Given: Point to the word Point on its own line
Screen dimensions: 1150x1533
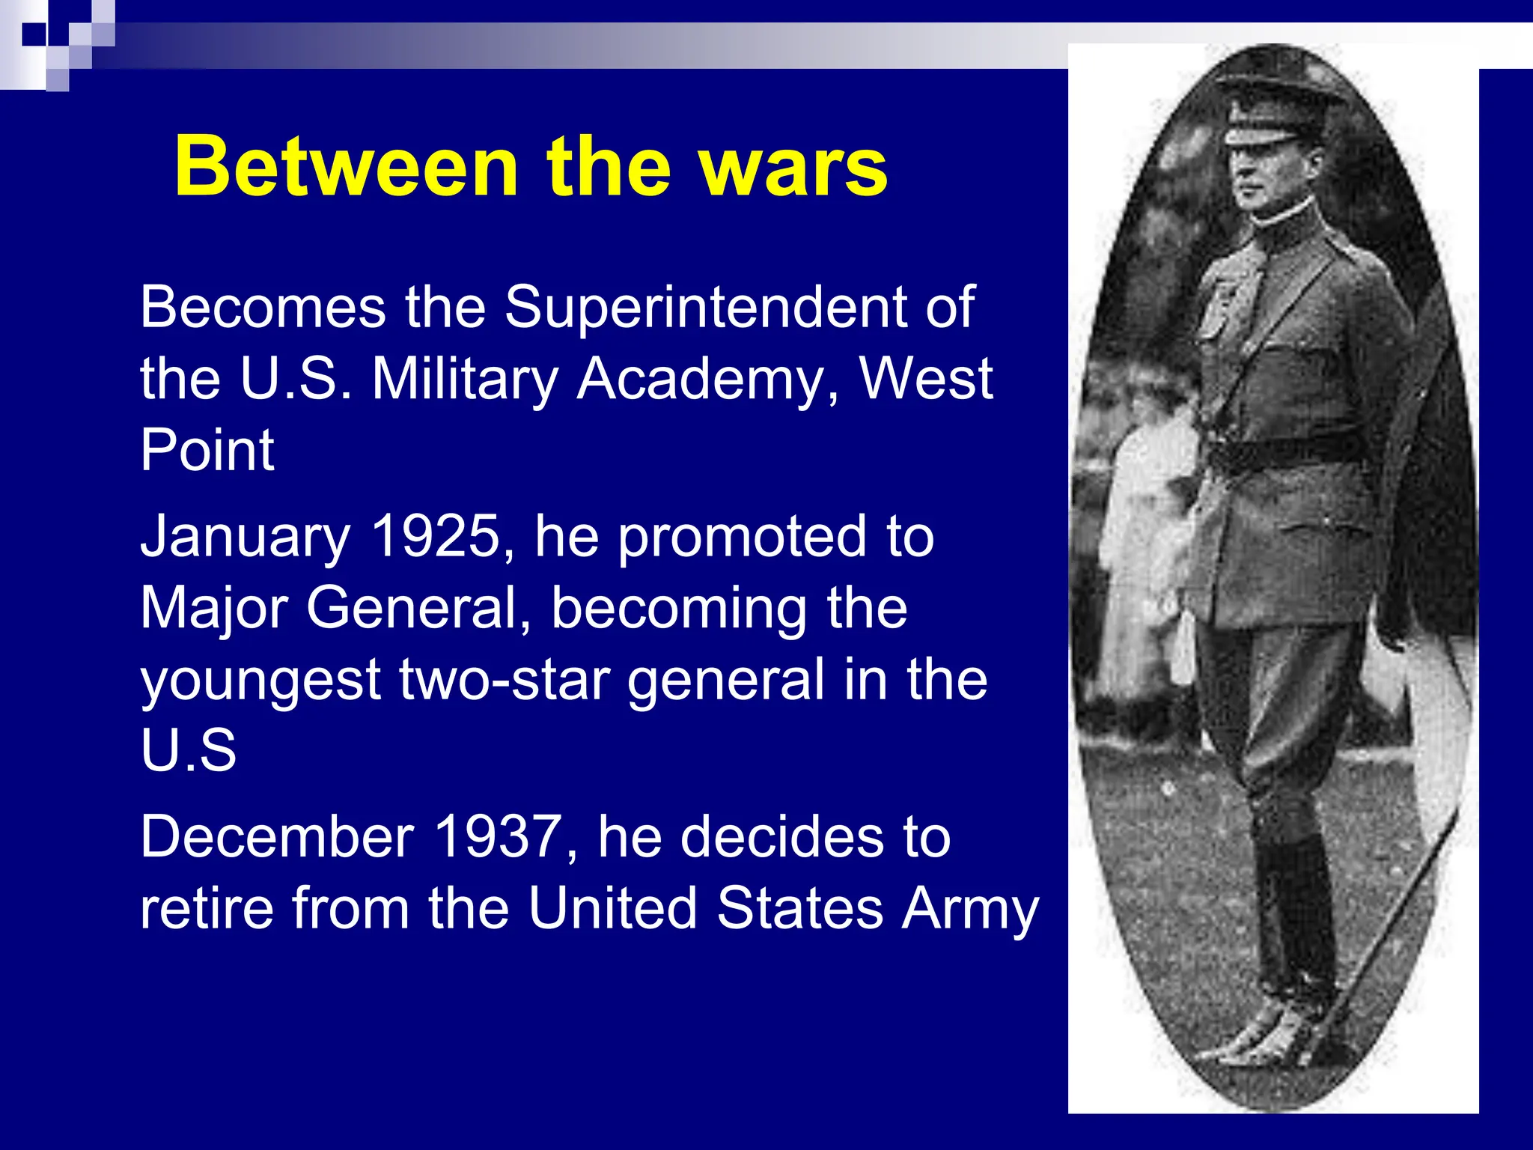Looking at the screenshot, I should [x=207, y=451].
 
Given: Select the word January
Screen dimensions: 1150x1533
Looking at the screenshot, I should [x=246, y=538].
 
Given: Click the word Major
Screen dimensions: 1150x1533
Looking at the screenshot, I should [x=214, y=608].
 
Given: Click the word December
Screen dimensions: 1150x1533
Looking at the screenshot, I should [x=277, y=837].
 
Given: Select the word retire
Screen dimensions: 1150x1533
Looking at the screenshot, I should [x=207, y=909].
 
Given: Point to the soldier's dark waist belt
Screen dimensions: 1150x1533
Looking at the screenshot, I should [x=1284, y=449].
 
